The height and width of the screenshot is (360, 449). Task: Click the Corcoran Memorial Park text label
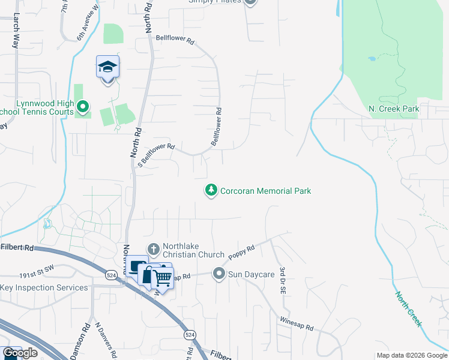pos(265,191)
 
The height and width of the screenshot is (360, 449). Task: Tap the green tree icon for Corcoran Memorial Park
pos(211,190)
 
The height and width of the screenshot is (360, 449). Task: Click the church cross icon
pos(153,248)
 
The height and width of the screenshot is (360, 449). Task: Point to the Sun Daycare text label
pos(252,275)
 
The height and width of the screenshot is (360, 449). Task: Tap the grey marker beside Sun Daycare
pos(218,274)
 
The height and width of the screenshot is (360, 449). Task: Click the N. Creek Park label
pos(394,109)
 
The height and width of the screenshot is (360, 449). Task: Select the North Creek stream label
pos(408,308)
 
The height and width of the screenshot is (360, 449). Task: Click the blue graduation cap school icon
pos(108,67)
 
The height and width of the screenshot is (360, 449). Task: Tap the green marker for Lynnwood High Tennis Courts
pos(83,107)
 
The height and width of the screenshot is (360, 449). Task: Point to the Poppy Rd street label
pos(243,251)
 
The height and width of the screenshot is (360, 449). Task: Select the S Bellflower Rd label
pos(155,155)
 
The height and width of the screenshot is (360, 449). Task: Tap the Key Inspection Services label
pos(44,287)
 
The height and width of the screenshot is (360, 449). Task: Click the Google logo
pos(20,353)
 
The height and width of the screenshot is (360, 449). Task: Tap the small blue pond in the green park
pos(372,59)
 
